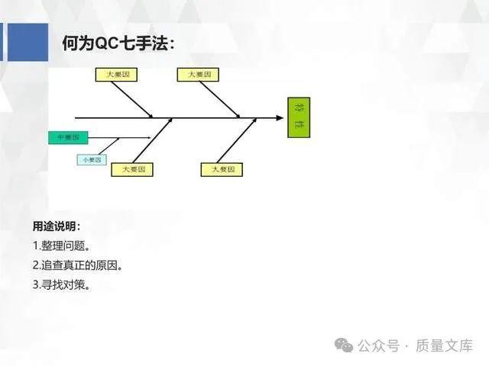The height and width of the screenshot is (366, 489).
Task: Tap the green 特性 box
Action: [299, 117]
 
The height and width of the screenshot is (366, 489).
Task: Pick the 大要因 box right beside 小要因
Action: [131, 169]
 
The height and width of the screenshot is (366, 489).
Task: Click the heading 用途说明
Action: [55, 226]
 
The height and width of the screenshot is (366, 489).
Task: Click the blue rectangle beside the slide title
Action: [14, 43]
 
